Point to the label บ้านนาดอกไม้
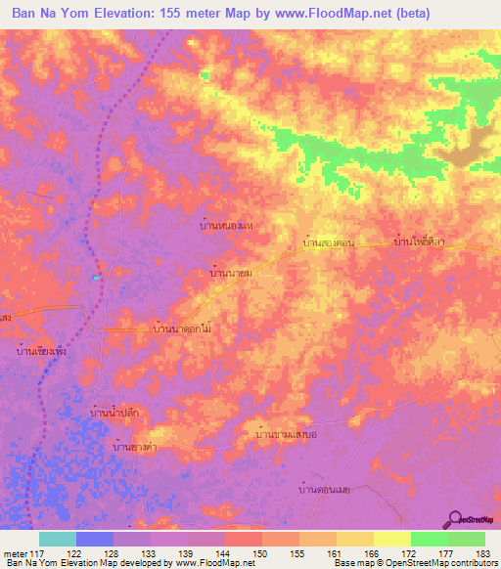tap(184, 330)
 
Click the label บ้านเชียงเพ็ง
tap(40, 347)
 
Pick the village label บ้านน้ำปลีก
tap(118, 415)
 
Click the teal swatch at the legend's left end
tap(58, 539)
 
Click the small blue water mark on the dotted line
tap(95, 278)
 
